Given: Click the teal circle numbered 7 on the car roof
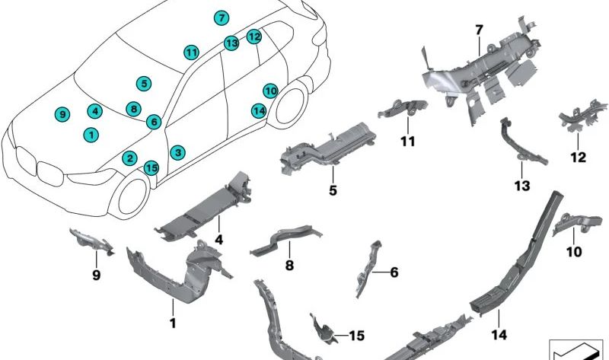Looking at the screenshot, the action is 222,18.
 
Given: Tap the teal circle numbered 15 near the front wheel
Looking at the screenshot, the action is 151,168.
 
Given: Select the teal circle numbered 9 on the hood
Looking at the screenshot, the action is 62,115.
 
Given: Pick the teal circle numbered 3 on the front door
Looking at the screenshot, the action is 177,152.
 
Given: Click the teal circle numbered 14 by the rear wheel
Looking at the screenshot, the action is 259,111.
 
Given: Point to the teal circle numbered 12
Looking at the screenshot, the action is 254,37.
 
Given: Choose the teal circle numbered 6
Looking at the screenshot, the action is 154,122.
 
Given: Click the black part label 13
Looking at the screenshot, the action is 522,186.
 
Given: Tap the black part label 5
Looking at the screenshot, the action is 333,191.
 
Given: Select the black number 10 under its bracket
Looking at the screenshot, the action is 574,252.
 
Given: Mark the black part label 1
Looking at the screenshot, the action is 173,323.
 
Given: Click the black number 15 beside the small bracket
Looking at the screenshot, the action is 357,335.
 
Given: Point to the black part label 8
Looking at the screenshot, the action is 289,265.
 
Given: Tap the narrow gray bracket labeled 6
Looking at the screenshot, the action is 367,269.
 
